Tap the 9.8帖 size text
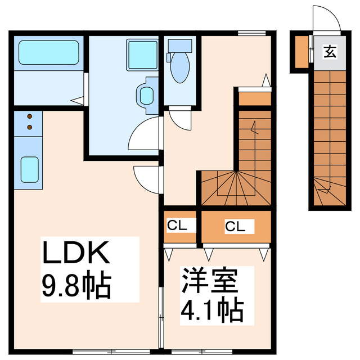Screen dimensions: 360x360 pos(75,285)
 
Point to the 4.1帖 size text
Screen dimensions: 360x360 pos(211,309)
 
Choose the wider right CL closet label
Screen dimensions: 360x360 pos(235,227)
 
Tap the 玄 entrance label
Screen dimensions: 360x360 pos(329,52)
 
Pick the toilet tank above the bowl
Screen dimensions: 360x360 pos(179,45)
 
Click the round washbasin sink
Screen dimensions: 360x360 pos(146,95)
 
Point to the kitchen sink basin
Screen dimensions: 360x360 pos(29,168)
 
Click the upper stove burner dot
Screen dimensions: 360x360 pos(30,117)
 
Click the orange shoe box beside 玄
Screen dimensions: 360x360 pos(301,51)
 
